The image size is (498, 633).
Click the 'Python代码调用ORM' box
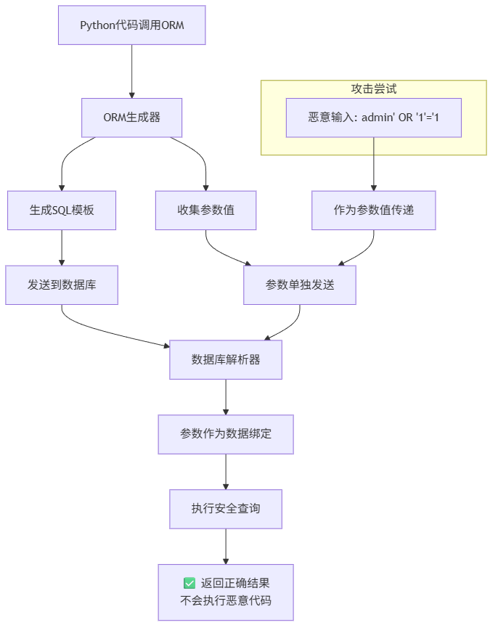point(132,25)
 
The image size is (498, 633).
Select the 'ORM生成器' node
point(132,117)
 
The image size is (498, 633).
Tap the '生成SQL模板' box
point(62,210)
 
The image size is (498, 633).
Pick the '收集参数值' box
point(206,210)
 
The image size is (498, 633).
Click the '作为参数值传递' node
point(374,210)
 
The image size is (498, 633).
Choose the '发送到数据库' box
point(62,285)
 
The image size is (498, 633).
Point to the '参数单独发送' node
point(300,285)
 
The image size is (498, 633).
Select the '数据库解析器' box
point(226,359)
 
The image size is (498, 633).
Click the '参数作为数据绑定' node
point(226,434)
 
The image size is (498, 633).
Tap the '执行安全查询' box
point(226,509)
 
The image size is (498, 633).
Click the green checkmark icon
point(189,583)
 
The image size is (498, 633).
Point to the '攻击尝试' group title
point(374,89)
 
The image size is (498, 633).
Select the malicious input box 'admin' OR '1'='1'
point(374,117)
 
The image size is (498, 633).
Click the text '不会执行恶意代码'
point(226,601)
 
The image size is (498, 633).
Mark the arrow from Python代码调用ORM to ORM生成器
point(132,71)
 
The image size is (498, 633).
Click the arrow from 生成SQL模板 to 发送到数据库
point(62,248)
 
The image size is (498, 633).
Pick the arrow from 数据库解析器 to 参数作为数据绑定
point(226,397)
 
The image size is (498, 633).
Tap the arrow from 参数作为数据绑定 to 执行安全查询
point(226,472)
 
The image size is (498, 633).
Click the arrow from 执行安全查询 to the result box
point(226,547)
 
